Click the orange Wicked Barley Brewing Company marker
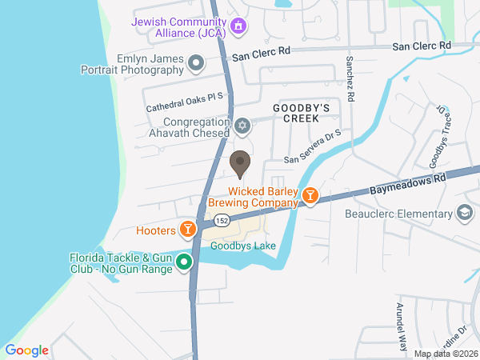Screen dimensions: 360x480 [310, 196]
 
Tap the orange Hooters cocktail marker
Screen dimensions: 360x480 [188, 230]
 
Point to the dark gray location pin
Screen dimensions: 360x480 [239, 164]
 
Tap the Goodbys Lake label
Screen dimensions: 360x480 [248, 246]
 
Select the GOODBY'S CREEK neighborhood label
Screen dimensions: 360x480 [301, 112]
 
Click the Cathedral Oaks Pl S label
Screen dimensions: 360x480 [185, 102]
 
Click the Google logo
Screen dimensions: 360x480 [26, 350]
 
